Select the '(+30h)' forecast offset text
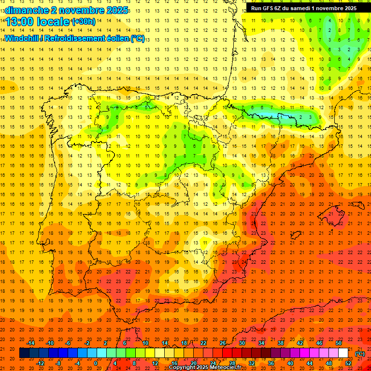coord(83,22)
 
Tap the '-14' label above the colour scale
coord(30,343)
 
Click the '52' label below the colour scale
coord(348,364)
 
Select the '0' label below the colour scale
coord(96,364)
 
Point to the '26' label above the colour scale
coord(223,343)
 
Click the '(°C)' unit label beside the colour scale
coord(360,354)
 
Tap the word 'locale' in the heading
coord(53,22)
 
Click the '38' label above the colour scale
coord(280,343)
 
